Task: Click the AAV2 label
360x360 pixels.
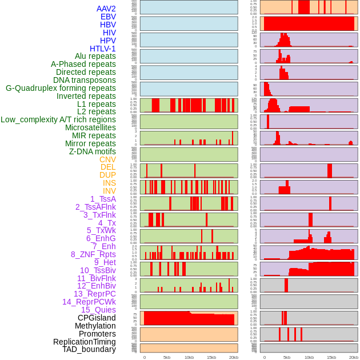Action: pos(106,9)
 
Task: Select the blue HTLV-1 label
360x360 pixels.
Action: pos(102,49)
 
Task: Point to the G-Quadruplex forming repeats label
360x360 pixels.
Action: pos(61,88)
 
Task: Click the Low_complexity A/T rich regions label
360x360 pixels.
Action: pos(58,119)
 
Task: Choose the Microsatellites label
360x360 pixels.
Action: pos(90,127)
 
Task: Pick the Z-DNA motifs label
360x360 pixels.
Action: pos(92,151)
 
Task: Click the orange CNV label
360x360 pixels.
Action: pos(107,159)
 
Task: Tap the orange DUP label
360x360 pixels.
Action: pos(107,175)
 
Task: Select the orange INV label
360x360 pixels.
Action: pos(109,191)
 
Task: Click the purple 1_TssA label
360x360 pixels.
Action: pos(103,199)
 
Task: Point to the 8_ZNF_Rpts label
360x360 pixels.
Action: pos(93,254)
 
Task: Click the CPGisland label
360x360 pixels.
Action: pos(97,318)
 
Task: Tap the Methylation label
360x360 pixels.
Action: pos(95,326)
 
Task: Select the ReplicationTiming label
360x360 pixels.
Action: pos(84,342)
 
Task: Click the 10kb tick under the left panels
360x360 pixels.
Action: pos(189,358)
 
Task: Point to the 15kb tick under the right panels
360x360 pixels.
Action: pos(331,358)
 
